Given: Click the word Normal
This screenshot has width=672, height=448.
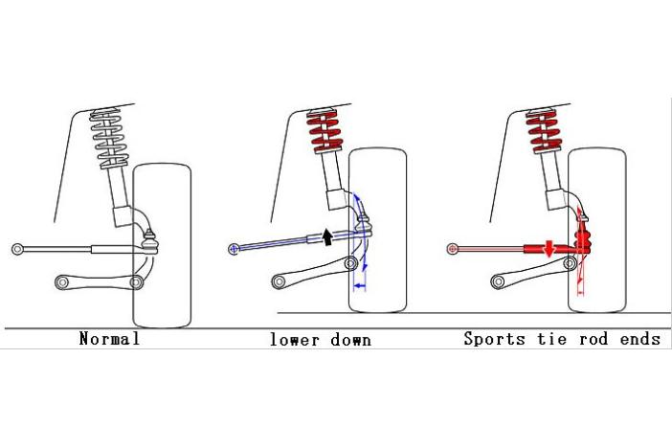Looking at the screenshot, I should [x=109, y=339].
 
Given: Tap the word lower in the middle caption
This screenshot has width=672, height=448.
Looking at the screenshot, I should [x=291, y=339].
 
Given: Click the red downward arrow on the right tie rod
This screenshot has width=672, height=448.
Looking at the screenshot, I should [x=548, y=249].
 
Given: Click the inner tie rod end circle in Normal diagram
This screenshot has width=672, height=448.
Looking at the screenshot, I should [x=17, y=249].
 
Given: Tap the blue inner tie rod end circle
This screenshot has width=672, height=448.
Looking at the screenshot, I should [x=234, y=250].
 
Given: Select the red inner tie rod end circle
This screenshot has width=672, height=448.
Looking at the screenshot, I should [x=452, y=249].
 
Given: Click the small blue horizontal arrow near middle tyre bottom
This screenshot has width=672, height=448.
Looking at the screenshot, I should [x=361, y=285].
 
